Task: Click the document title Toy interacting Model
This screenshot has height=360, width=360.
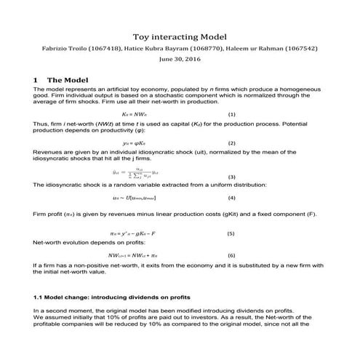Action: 180,36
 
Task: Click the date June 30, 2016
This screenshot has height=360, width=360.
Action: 180,61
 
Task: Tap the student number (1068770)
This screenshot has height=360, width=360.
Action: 212,49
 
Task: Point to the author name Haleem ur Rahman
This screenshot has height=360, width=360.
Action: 264,49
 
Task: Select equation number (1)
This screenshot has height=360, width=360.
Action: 232,115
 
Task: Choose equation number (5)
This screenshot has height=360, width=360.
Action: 231,234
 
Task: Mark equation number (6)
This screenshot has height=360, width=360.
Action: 231,256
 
